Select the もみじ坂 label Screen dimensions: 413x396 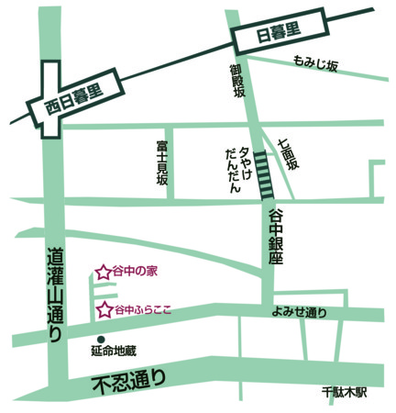pos(316,64)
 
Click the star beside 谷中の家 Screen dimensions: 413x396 pos(103,272)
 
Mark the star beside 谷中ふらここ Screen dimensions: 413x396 pos(104,309)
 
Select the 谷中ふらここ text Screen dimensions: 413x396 pos(145,310)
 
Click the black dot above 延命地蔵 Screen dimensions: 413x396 pos(100,337)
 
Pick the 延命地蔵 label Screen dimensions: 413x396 pos(113,351)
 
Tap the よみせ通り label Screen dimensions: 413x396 pos(299,312)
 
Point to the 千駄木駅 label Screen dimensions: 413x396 pos(344,391)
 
